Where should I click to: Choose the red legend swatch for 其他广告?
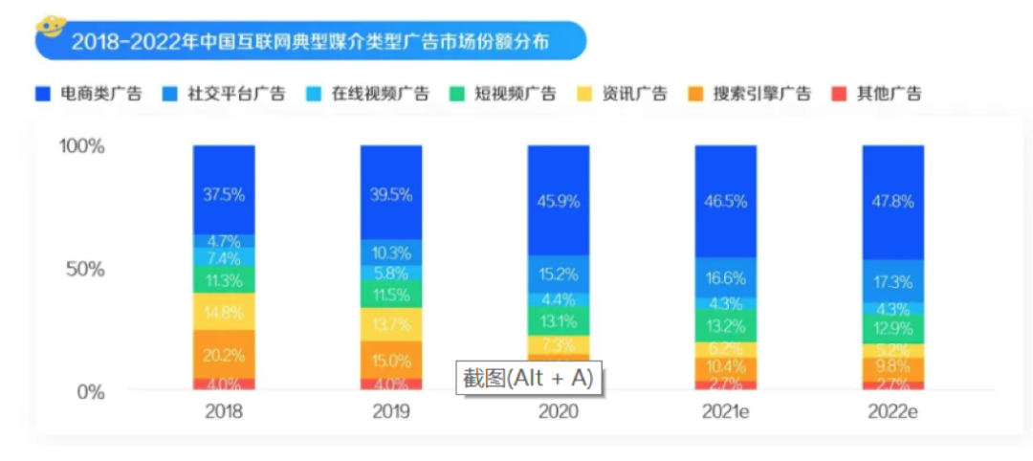coord(839,94)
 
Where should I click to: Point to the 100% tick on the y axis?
coord(81,146)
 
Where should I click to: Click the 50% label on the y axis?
coord(85,269)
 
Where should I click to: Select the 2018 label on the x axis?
coord(224,413)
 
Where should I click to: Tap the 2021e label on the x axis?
coord(726,413)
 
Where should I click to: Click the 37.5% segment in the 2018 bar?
coord(224,194)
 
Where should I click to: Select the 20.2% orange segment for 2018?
coord(224,355)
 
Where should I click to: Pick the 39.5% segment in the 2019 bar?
coord(391,194)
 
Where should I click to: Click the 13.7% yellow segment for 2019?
coord(391,324)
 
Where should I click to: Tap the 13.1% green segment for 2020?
coord(559,320)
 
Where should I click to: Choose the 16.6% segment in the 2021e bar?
coord(726,278)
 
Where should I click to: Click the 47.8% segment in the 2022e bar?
coord(893,202)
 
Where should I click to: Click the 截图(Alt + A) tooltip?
coord(529,378)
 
